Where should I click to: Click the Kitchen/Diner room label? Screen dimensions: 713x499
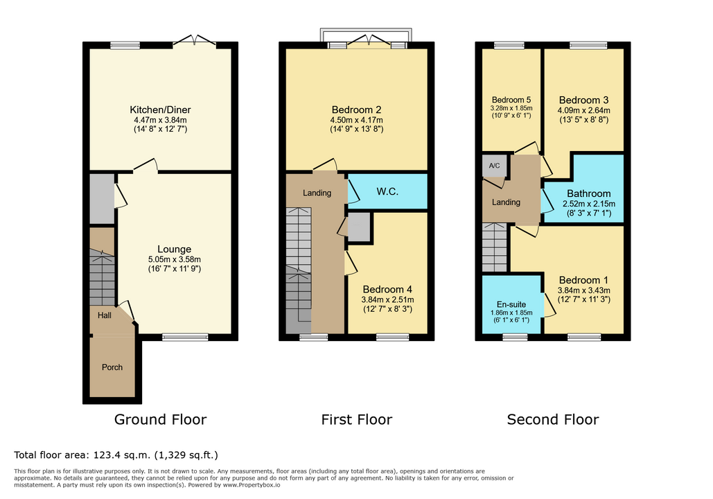pyautogui.click(x=160, y=110)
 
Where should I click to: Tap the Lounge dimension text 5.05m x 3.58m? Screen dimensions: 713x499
pyautogui.click(x=174, y=259)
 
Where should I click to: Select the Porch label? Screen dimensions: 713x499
pyautogui.click(x=112, y=367)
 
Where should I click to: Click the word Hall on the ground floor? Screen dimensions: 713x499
pyautogui.click(x=104, y=315)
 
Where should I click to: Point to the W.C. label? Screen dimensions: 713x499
pyautogui.click(x=387, y=191)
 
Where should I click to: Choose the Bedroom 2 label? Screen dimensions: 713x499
pyautogui.click(x=356, y=110)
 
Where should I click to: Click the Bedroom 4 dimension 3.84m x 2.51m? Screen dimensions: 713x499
pyautogui.click(x=387, y=300)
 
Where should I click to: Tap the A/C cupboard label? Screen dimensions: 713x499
pyautogui.click(x=494, y=166)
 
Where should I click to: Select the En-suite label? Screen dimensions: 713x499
pyautogui.click(x=511, y=304)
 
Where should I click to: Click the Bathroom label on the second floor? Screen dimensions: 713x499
pyautogui.click(x=588, y=194)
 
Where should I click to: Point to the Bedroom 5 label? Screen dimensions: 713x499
pyautogui.click(x=511, y=100)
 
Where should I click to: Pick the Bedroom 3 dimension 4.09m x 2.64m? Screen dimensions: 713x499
pyautogui.click(x=584, y=110)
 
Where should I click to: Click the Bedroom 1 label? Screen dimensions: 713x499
pyautogui.click(x=583, y=280)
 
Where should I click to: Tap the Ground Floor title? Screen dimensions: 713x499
pyautogui.click(x=160, y=419)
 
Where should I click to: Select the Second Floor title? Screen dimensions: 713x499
pyautogui.click(x=553, y=419)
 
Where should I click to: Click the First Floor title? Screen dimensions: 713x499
pyautogui.click(x=356, y=419)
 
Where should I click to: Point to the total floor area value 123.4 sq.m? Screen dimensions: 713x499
pyautogui.click(x=123, y=455)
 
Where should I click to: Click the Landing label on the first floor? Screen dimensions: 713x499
pyautogui.click(x=317, y=193)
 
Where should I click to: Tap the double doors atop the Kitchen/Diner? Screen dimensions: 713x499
pyautogui.click(x=195, y=40)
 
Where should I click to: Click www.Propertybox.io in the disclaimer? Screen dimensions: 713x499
pyautogui.click(x=251, y=485)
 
